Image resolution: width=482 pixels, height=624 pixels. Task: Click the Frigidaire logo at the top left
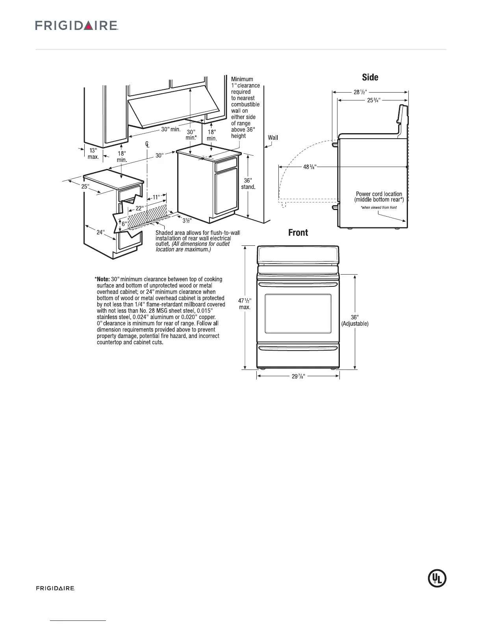[x=77, y=26]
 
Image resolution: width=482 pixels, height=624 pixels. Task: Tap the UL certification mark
[x=437, y=578]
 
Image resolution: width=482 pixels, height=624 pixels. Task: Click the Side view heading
[x=370, y=77]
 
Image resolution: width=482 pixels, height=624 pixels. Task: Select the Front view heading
[x=298, y=233]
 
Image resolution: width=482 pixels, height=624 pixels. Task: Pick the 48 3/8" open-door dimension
[x=310, y=167]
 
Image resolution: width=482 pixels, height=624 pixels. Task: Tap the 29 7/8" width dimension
[x=298, y=376]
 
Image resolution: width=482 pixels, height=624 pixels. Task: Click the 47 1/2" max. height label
[x=245, y=303]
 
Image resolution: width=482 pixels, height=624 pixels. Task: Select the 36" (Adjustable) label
[x=355, y=321]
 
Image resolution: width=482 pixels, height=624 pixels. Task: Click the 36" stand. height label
[x=248, y=184]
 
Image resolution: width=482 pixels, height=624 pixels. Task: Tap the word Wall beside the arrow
[x=273, y=137]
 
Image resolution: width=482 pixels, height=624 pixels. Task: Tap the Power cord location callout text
[x=379, y=197]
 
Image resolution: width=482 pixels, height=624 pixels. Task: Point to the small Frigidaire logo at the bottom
[x=56, y=589]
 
